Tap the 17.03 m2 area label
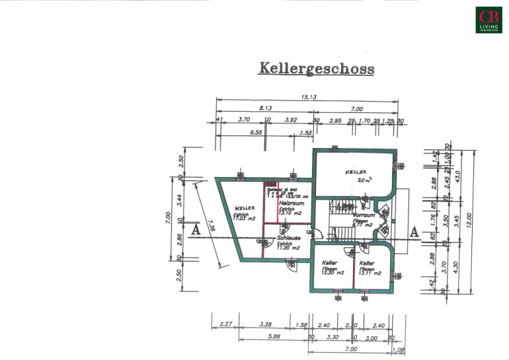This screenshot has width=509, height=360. point(245,219)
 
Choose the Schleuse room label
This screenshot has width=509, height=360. point(290,238)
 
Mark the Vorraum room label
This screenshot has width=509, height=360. point(364,215)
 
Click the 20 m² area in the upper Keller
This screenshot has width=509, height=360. point(364,180)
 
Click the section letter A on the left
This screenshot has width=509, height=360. point(194,231)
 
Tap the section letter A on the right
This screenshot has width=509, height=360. point(414,231)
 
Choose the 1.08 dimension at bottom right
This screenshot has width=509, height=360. point(397,349)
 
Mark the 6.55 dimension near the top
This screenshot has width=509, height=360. point(256,132)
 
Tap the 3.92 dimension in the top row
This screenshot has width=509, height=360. point(291,120)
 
